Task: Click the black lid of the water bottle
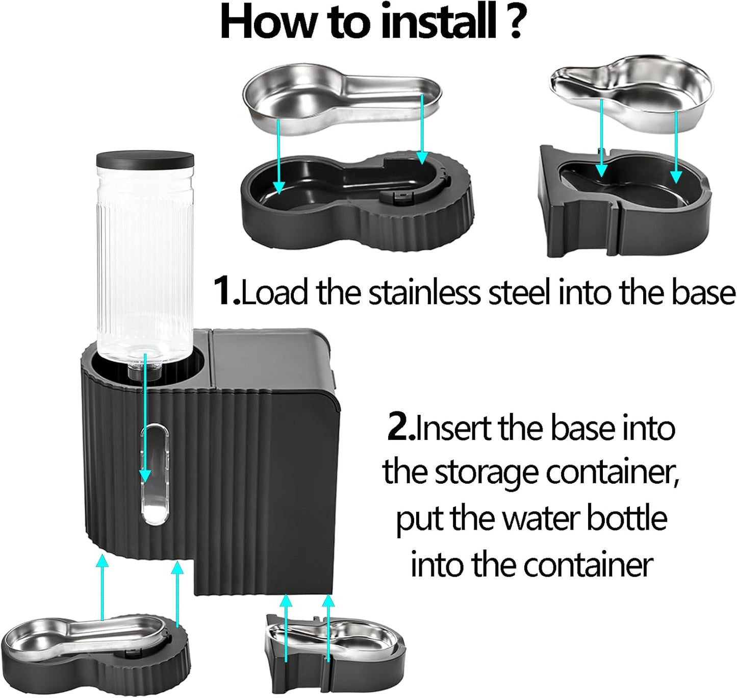(x=145, y=160)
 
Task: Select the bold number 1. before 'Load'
(x=226, y=291)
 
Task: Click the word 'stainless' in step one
(x=425, y=293)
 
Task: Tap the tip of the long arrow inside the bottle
(x=145, y=476)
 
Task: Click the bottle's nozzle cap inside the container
(x=144, y=370)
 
